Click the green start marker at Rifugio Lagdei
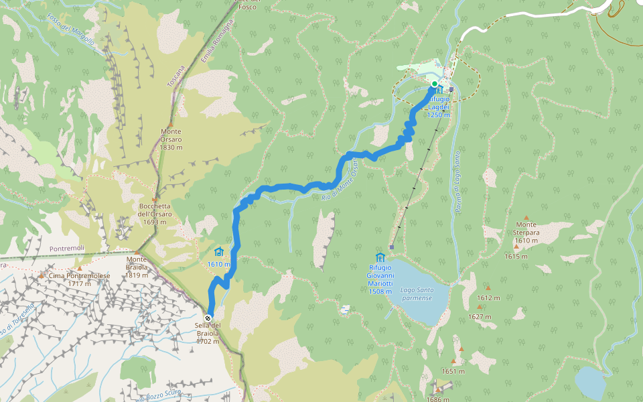tap(434, 84)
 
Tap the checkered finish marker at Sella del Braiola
tap(208, 318)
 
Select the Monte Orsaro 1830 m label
tap(171, 139)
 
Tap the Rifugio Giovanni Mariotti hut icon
tap(380, 257)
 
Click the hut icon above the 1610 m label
tap(218, 252)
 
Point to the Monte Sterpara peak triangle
tap(526, 218)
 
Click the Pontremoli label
tap(68, 249)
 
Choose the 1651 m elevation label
tap(453, 371)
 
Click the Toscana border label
tap(177, 74)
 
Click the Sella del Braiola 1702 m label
tap(208, 333)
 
